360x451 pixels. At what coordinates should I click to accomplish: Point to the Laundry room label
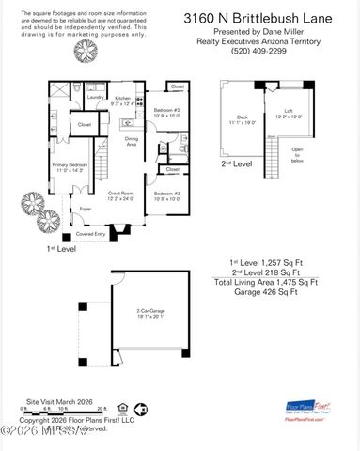[x=95, y=97]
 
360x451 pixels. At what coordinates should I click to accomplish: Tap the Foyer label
[x=84, y=210]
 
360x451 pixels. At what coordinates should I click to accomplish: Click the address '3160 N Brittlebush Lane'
[x=271, y=16]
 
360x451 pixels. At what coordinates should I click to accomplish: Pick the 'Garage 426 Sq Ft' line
[x=265, y=291]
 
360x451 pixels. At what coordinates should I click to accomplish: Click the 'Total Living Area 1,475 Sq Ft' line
[x=265, y=281]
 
